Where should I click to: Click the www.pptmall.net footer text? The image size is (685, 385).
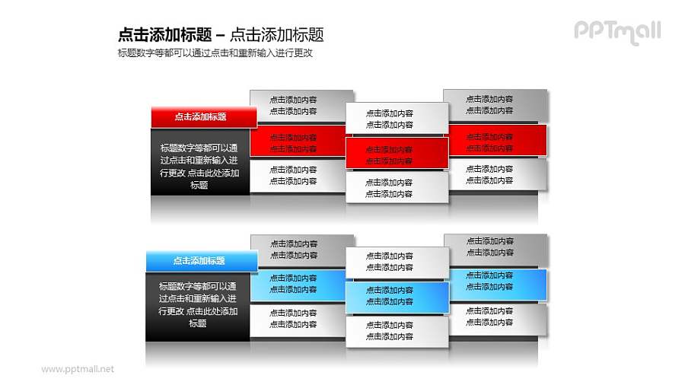click(x=78, y=369)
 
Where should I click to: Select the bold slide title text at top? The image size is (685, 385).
click(x=221, y=34)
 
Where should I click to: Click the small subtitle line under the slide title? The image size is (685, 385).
click(x=216, y=53)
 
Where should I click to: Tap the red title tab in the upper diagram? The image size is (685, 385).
click(x=200, y=117)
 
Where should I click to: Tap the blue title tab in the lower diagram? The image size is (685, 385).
click(x=200, y=261)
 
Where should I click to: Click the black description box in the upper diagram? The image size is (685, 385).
click(x=199, y=165)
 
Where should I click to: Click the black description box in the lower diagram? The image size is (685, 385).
click(x=198, y=305)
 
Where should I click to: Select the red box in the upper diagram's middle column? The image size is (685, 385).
click(x=397, y=154)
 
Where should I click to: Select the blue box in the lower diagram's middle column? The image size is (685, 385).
click(x=397, y=296)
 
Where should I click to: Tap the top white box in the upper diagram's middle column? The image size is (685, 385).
click(x=397, y=119)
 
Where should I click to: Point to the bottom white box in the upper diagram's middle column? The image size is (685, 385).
click(x=397, y=188)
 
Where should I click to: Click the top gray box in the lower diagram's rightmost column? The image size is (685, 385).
click(x=495, y=247)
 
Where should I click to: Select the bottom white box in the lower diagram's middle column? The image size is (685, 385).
click(x=397, y=331)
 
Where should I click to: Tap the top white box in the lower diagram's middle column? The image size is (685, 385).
click(x=397, y=261)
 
